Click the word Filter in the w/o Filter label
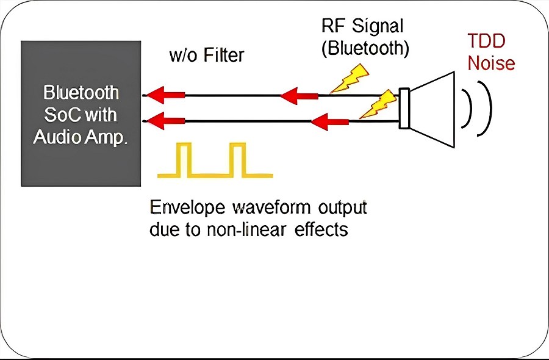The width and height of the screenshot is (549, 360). [x=224, y=56]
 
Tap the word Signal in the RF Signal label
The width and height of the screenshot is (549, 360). [x=378, y=26]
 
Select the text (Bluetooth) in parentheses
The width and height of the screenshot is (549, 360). [x=365, y=48]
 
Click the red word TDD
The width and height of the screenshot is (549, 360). [x=486, y=41]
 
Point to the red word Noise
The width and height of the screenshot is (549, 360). [x=491, y=63]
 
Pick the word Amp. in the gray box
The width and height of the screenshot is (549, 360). [x=104, y=138]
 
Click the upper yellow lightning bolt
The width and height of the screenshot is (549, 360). [x=350, y=79]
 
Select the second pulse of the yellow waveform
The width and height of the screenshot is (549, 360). [x=238, y=159]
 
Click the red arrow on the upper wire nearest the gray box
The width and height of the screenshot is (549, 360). [x=165, y=95]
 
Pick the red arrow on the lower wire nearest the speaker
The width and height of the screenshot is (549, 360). [x=329, y=122]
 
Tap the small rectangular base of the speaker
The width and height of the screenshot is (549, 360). [x=404, y=108]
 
